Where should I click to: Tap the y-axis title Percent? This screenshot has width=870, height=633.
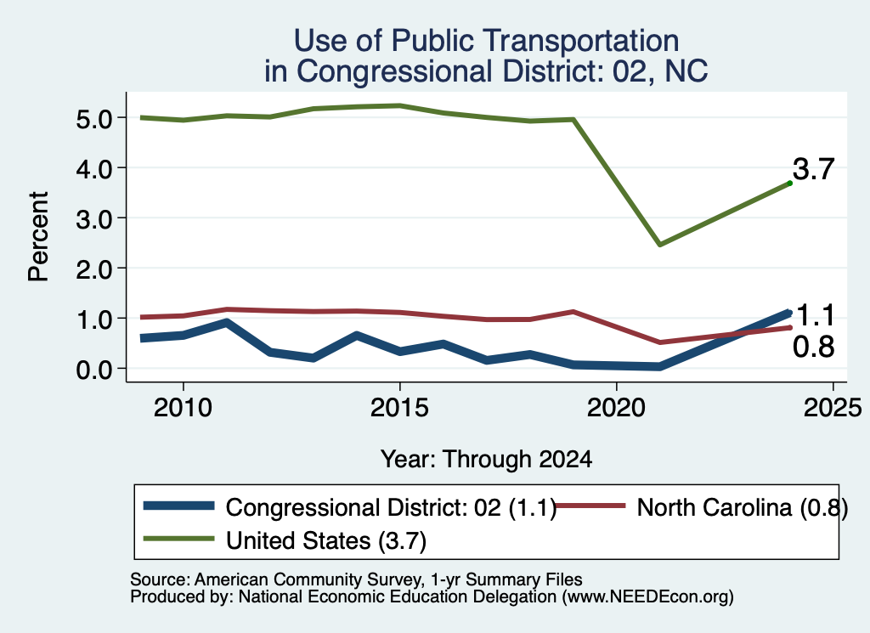(x=39, y=237)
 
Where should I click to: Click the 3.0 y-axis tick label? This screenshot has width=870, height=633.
(x=93, y=218)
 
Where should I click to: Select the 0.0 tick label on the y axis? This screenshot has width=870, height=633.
(x=93, y=370)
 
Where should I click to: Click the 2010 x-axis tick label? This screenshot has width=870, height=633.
(x=183, y=409)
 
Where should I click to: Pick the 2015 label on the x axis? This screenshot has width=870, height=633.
(x=399, y=409)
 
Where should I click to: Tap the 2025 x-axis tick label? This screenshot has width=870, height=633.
(x=833, y=409)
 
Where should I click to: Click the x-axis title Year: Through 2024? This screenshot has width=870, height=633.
(x=486, y=460)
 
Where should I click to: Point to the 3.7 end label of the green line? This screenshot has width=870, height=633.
(x=813, y=168)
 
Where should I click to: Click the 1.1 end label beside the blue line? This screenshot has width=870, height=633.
(x=816, y=316)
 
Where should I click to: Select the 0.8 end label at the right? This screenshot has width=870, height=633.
(x=813, y=347)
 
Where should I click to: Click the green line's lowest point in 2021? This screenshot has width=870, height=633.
(x=659, y=245)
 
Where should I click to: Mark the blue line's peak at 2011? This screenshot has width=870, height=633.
(x=226, y=322)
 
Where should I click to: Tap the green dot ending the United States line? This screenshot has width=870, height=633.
(x=789, y=183)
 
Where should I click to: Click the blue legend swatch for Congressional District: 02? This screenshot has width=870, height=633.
(x=178, y=506)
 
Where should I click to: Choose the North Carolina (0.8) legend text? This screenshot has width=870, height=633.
(x=743, y=507)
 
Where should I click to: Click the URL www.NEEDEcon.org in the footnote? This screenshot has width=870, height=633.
(x=647, y=597)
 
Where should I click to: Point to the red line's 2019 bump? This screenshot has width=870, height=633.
(x=573, y=312)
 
